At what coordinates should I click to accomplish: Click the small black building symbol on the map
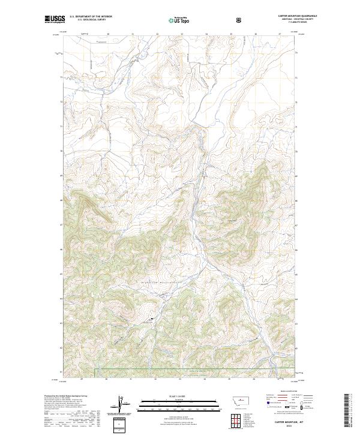click(x=151, y=319)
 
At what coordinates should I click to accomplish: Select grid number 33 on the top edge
click(x=182, y=34)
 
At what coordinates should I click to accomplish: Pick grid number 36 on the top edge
click(x=256, y=34)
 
